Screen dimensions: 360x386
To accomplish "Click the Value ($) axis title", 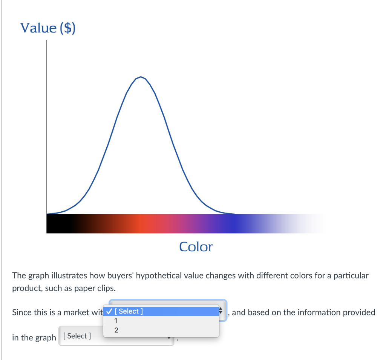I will (x=48, y=28).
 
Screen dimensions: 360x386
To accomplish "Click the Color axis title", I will (x=196, y=247).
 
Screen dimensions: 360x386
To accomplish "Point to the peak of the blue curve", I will (x=140, y=77).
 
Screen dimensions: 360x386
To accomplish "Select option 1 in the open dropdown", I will (x=116, y=321).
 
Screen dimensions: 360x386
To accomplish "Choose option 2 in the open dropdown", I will (x=116, y=331).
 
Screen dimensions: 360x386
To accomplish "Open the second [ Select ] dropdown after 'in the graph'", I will (x=116, y=336).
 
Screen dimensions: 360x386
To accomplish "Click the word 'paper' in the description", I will (x=73, y=288).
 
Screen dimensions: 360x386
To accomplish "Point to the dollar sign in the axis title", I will (x=67, y=28).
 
